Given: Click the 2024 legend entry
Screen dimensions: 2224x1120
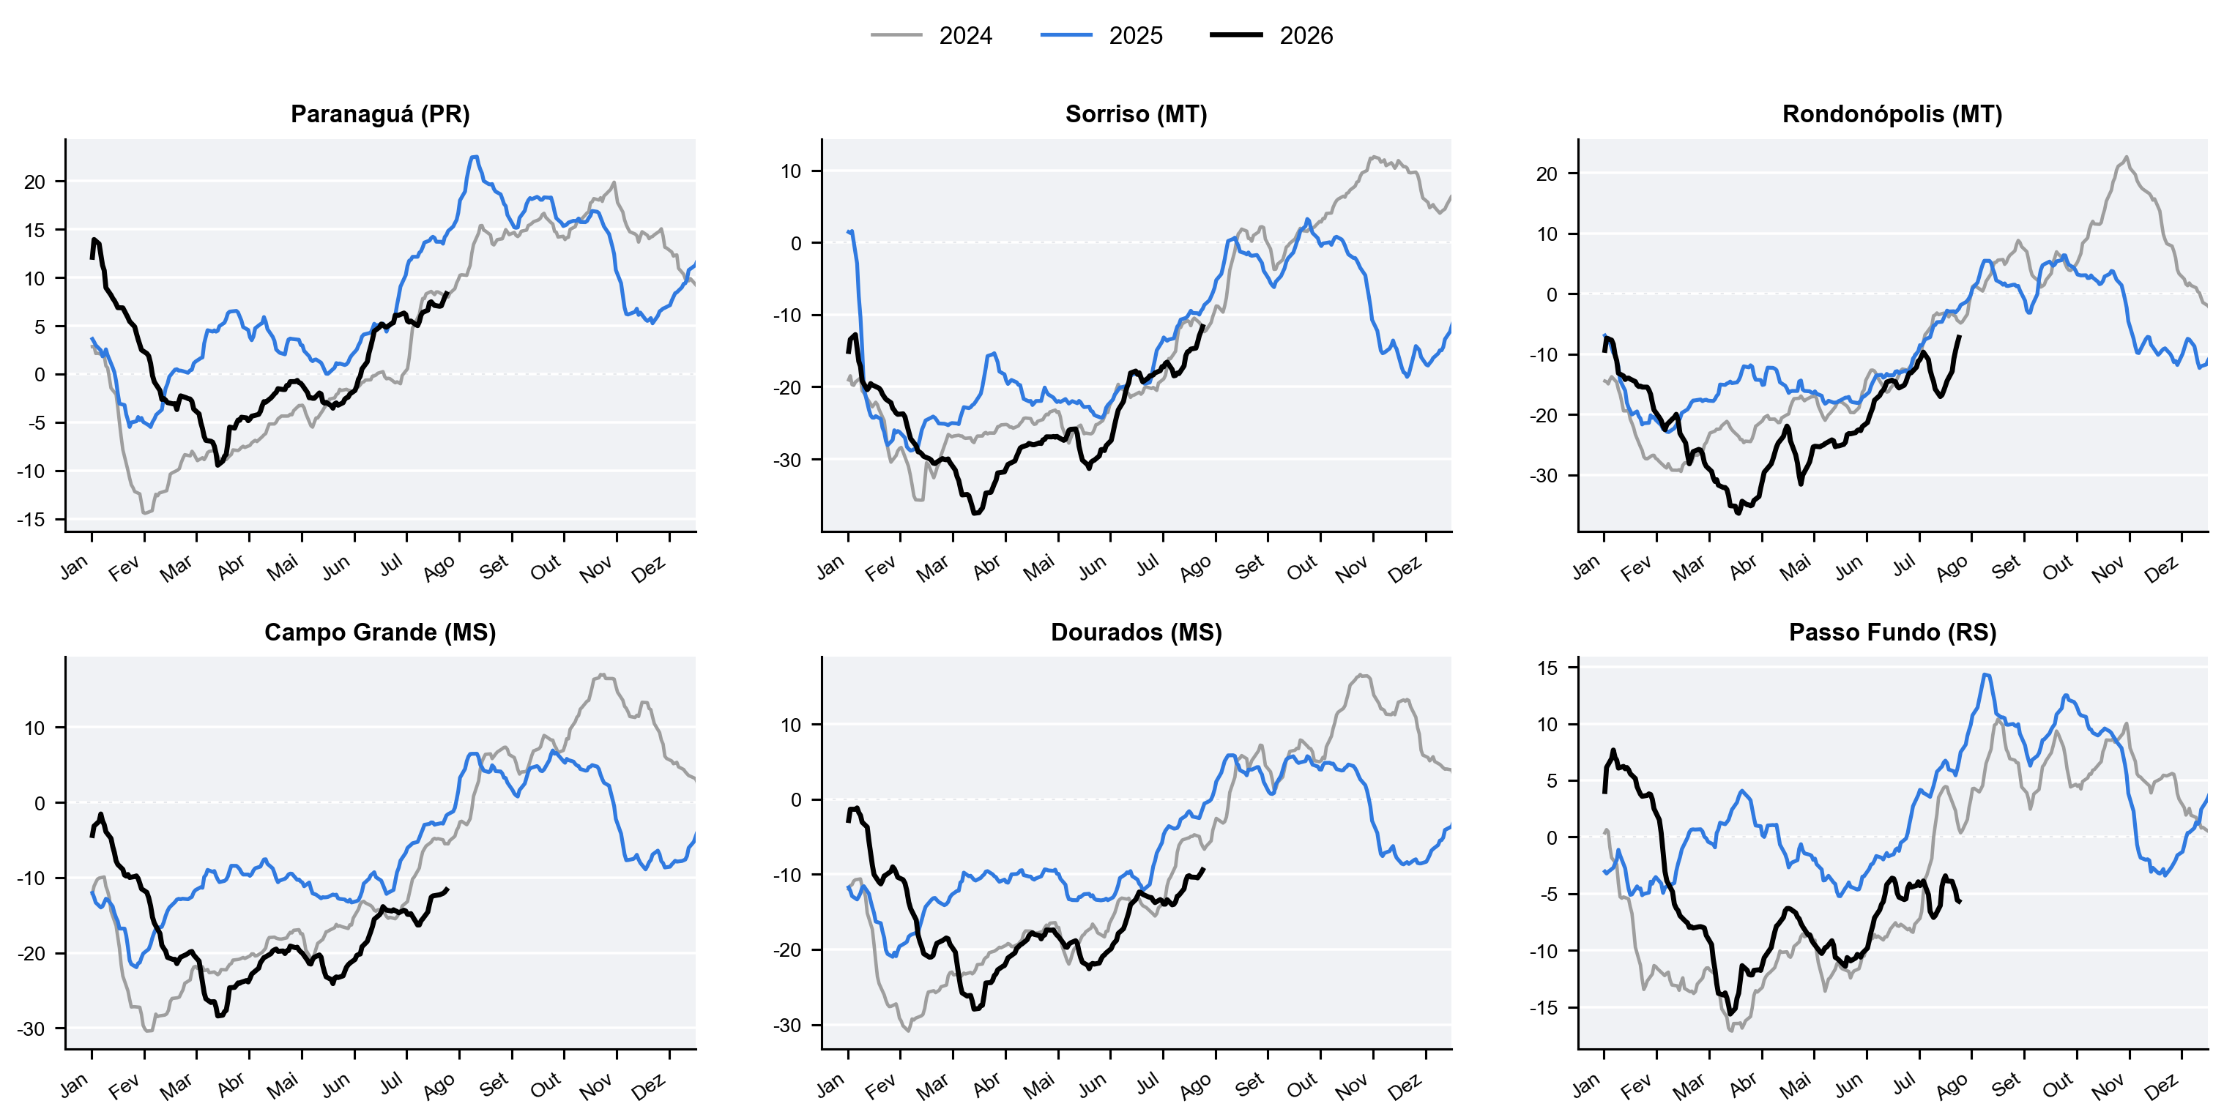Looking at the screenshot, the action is pos(931,35).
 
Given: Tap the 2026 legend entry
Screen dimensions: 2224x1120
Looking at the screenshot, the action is pos(1272,35).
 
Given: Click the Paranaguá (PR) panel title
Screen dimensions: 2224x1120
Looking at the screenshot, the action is pos(380,114).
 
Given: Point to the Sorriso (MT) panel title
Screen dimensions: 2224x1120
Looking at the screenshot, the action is pos(1137,114).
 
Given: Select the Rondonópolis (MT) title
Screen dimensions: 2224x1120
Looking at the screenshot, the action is pos(1892,114).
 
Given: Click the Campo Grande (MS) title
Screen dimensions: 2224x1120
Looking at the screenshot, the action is pos(380,632).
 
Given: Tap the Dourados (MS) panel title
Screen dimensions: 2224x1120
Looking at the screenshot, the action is pos(1137,632).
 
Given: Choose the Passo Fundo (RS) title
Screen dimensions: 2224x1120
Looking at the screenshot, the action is pos(1892,632).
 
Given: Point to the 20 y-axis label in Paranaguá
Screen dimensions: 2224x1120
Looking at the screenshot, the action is pos(34,182).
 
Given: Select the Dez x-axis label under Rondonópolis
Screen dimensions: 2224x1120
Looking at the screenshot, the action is pos(2161,570).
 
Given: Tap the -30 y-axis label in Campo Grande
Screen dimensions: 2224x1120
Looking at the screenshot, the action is pos(30,1028).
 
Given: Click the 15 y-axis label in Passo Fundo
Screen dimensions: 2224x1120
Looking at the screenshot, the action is pos(1547,668).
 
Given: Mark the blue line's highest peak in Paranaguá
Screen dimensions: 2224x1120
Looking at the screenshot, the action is pos(474,157).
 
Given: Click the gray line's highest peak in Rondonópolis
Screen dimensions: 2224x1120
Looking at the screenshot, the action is pos(2126,157).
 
